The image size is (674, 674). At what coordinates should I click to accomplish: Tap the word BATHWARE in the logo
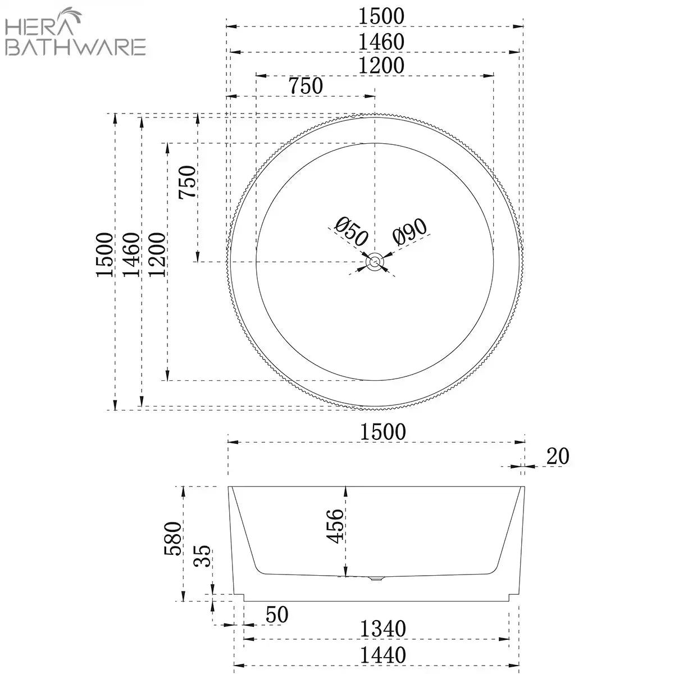coord(75,47)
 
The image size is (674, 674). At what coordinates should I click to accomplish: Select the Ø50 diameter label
coord(351,231)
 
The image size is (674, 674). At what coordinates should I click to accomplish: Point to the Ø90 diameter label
coord(409,231)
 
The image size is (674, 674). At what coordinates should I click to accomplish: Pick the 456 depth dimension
coord(335,526)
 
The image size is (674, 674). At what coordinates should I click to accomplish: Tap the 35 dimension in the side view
coord(202,555)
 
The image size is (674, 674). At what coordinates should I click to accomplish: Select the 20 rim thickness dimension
coord(558,456)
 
